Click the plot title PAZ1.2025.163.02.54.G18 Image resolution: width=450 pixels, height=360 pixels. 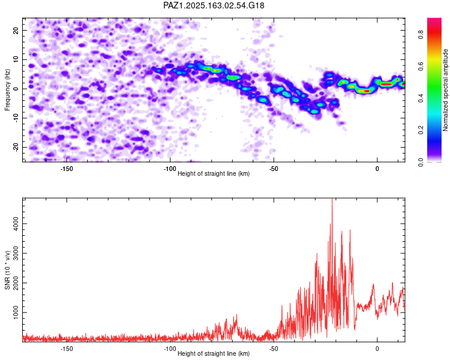tap(214, 5)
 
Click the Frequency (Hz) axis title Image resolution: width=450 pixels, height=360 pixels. tap(7, 90)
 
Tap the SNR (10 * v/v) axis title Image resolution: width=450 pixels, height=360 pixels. tap(7, 270)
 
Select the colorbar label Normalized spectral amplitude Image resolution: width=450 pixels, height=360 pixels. tap(445, 90)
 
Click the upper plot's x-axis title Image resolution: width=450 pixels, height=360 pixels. tap(214, 173)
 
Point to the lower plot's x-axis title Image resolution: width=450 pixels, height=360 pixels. tap(214, 353)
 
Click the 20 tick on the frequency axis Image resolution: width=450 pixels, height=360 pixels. tap(16, 30)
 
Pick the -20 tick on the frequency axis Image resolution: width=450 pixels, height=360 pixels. tap(16, 147)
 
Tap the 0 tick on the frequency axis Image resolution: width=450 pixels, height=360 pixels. tap(16, 89)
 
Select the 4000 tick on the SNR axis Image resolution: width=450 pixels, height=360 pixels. tap(16, 224)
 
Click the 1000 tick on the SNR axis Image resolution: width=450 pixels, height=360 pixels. tap(16, 313)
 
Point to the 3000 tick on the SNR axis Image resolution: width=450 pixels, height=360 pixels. tap(16, 253)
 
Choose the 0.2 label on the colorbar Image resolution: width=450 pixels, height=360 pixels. tap(421, 130)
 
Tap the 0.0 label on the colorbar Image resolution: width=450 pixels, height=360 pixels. tap(421, 162)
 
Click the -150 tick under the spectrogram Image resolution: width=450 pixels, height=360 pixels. tap(67, 169)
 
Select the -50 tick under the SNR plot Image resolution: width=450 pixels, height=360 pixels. tap(274, 349)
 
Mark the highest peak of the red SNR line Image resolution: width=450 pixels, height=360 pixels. tap(332, 199)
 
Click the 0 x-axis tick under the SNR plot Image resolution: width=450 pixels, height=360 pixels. tap(377, 349)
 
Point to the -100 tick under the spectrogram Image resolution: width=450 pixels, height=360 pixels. tap(170, 169)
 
